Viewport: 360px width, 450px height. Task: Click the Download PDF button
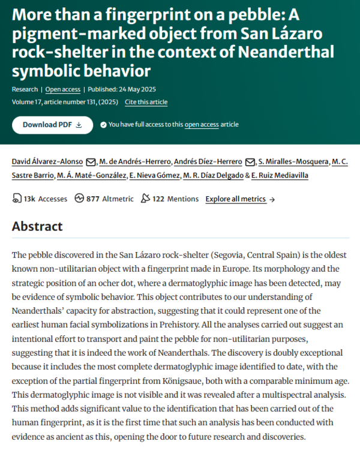[52, 125]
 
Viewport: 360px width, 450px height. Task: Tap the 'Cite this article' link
[146, 102]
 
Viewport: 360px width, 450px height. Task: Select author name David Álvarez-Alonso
[48, 161]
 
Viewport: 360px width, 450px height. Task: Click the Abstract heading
[37, 226]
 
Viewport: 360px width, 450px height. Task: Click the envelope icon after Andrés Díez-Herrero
[250, 162]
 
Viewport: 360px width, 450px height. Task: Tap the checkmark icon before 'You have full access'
[103, 125]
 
